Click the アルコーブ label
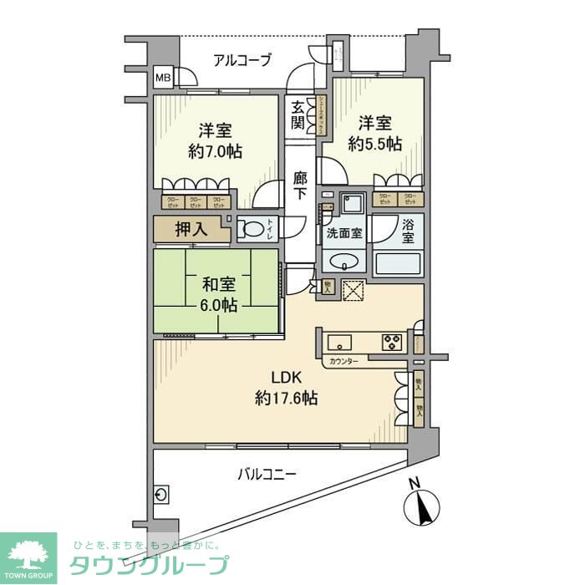coord(242,59)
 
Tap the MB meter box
coord(163,79)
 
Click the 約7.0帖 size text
coord(215,154)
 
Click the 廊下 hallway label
coord(302,186)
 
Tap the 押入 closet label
coord(190,229)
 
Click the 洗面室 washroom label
coord(343,233)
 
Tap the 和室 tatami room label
coord(215,283)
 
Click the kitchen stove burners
coord(392,341)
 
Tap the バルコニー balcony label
coord(266,475)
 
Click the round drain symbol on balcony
coord(161,494)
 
